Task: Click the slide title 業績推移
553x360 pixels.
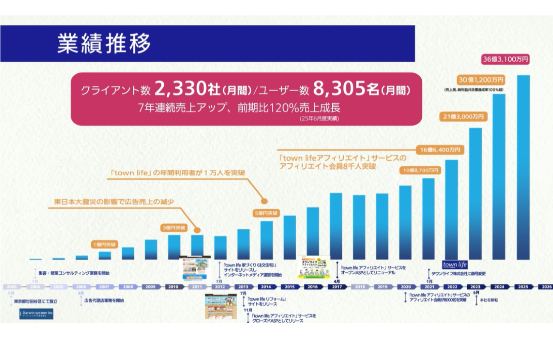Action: tap(104, 44)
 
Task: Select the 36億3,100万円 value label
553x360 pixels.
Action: tap(506, 60)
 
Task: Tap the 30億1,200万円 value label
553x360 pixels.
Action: tap(481, 80)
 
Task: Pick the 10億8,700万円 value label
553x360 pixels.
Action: tap(421, 170)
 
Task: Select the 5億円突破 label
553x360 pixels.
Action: tap(266, 213)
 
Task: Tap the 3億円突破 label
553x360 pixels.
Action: tap(174, 228)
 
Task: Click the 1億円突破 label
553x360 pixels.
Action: tap(105, 244)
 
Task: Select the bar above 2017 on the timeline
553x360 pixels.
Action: tap(336, 226)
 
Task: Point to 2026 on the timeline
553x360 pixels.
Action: tap(547, 287)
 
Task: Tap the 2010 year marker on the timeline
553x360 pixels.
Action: tap(173, 287)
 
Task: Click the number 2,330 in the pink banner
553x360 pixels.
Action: tap(178, 89)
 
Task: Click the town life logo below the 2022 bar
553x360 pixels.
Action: tap(454, 264)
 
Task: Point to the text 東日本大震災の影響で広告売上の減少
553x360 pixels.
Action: tap(114, 201)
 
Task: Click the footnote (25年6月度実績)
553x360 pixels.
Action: tap(319, 119)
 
